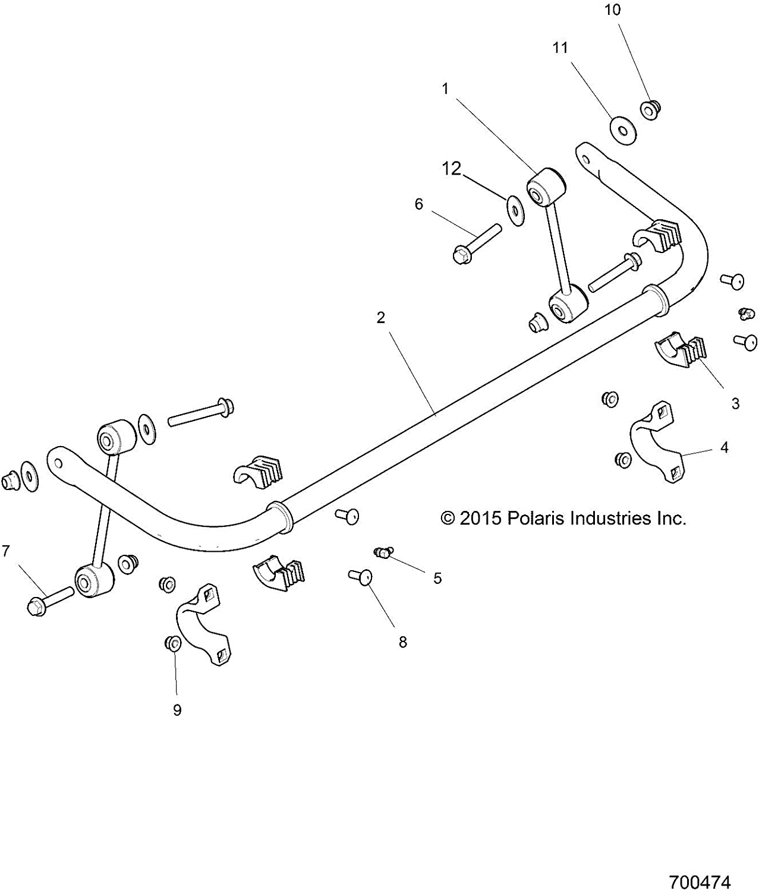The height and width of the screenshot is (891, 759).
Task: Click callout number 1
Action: point(445,89)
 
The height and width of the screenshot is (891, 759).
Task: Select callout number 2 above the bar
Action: point(381,318)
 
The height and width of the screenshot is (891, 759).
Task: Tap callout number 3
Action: point(735,404)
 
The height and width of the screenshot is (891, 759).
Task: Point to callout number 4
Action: point(725,447)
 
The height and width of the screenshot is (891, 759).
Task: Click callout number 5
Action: point(437,578)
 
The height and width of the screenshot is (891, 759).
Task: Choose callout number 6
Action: point(419,204)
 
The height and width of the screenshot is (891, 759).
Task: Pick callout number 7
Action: point(6,551)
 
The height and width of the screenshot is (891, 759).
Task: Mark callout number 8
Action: point(403,642)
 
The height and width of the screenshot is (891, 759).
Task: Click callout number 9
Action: point(177,710)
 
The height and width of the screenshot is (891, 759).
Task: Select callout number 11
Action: point(560,48)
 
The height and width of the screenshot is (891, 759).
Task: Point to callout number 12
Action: point(452,169)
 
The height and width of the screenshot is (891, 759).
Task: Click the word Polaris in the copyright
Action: point(536,519)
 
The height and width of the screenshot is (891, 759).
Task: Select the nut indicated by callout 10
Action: point(650,110)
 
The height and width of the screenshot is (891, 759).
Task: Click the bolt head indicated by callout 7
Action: point(36,606)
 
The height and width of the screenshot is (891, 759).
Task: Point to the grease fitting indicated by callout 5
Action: point(383,554)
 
